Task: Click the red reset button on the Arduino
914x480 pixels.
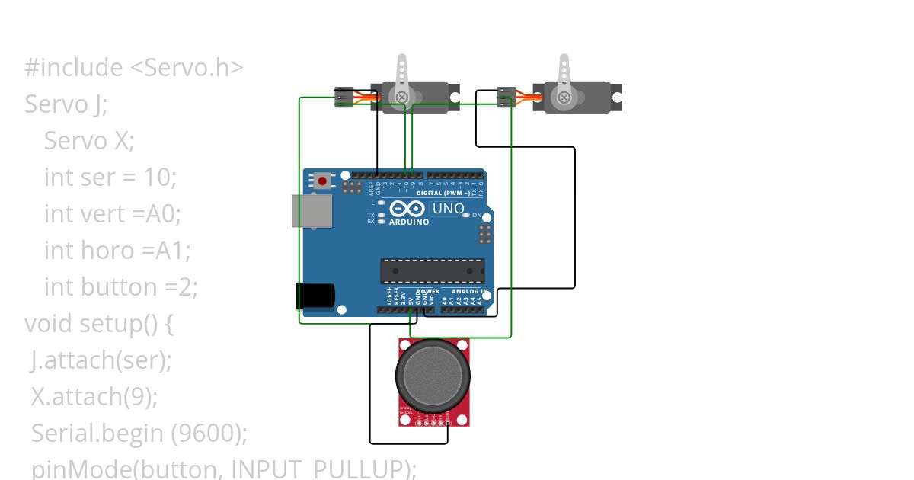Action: tap(323, 181)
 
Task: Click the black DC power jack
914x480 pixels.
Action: tap(315, 296)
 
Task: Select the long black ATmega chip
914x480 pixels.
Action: tap(432, 271)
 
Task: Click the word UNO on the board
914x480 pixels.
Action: tap(448, 209)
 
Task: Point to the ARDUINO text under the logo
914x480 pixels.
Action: tap(409, 222)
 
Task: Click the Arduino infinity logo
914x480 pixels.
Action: tap(407, 209)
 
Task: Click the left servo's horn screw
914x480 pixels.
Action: tap(400, 97)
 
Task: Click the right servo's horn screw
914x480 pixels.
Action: tap(564, 97)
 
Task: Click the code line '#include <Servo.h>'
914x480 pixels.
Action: tap(133, 68)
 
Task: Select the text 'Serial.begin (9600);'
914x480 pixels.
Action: tap(139, 434)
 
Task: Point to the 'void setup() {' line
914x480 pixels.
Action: tap(99, 324)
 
